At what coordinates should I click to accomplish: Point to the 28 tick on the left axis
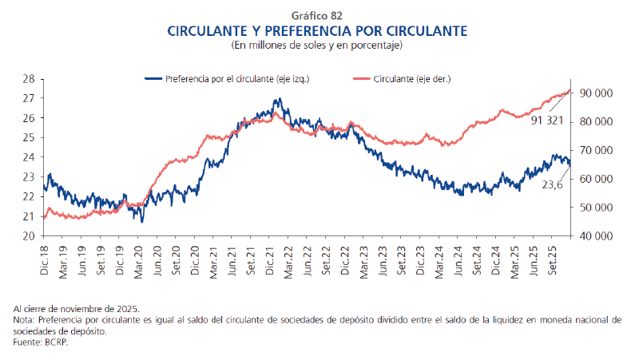[x=28, y=79]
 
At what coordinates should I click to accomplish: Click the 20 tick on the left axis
[x=28, y=236]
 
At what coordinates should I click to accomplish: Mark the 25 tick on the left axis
[x=28, y=138]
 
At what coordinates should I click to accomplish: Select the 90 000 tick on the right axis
[x=596, y=93]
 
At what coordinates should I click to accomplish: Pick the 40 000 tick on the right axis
[x=596, y=236]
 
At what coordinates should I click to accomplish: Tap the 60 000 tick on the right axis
[x=596, y=179]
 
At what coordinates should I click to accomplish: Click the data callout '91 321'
[x=546, y=120]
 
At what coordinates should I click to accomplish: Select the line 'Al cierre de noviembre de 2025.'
[x=77, y=308]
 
